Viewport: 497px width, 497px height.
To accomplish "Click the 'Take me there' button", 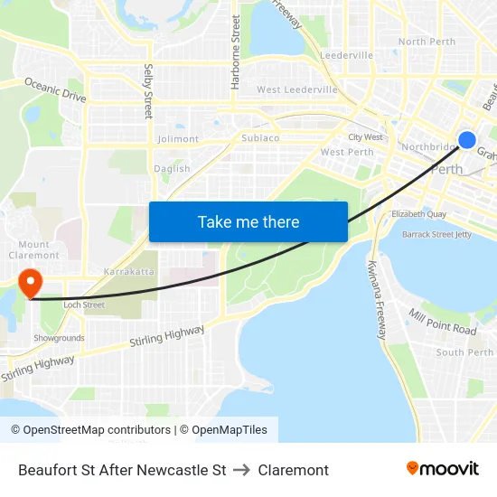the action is (248, 221).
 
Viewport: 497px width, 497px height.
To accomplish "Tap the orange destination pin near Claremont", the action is (30, 282).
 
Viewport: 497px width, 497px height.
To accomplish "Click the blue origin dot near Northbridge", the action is (467, 139).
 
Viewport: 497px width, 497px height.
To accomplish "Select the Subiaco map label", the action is (260, 138).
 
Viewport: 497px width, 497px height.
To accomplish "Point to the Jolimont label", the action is (178, 139).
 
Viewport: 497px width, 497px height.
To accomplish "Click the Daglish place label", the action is (172, 168).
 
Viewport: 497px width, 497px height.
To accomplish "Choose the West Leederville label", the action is (297, 89).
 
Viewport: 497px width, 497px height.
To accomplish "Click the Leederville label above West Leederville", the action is (346, 55).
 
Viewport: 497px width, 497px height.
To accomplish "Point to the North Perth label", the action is (427, 42).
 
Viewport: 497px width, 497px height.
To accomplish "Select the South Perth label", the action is (464, 352).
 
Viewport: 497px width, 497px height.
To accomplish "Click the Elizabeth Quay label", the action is (418, 214).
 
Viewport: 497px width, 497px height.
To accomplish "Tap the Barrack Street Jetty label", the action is (436, 234).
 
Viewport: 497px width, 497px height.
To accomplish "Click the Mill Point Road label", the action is (442, 322).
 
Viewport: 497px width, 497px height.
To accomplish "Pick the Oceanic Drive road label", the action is (54, 88).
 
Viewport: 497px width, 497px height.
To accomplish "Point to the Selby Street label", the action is (148, 91).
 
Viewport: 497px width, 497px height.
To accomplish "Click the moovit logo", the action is (442, 469).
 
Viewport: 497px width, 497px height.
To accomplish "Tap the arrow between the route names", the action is (241, 470).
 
